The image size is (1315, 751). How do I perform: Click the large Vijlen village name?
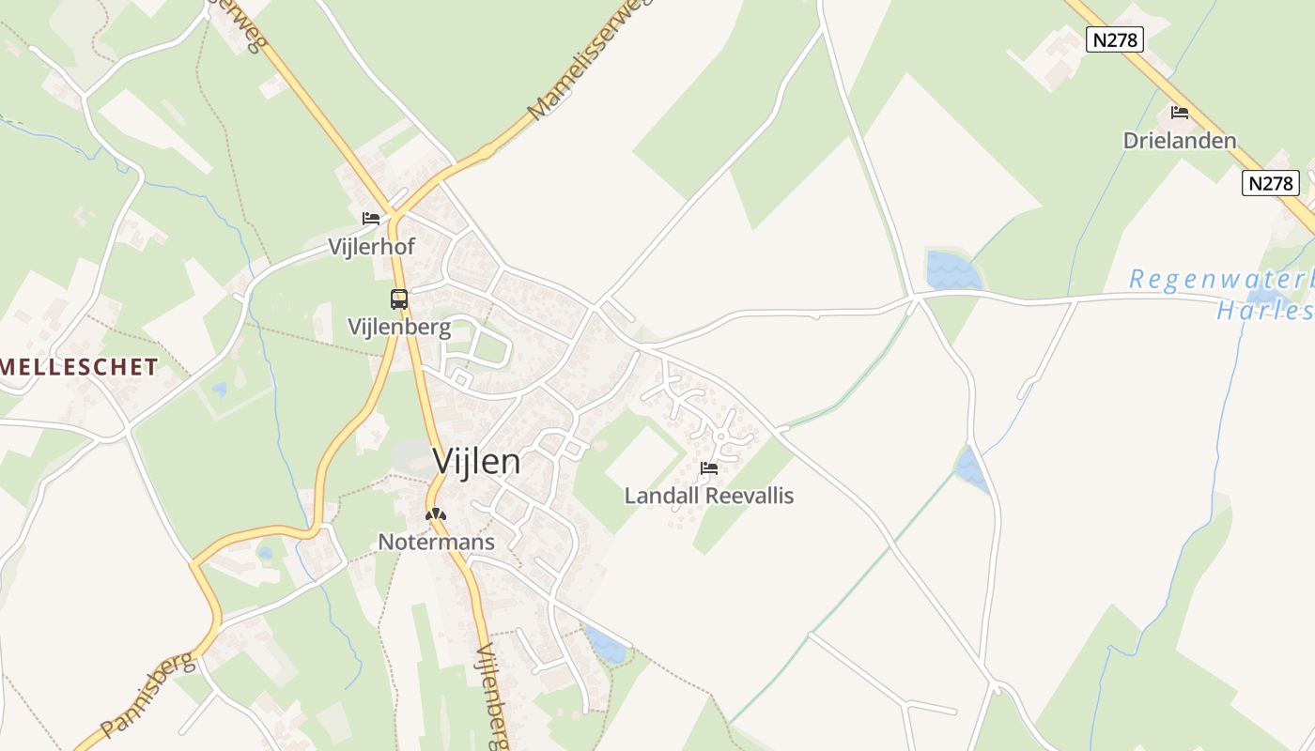tap(476, 461)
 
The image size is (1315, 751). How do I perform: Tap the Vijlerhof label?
tap(371, 247)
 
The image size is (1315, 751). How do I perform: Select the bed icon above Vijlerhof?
tap(371, 219)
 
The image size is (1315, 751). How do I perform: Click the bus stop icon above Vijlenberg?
tap(399, 299)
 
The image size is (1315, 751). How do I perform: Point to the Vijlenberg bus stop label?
tap(399, 328)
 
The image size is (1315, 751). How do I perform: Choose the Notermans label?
tap(436, 542)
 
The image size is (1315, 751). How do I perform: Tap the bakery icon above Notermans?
tap(435, 514)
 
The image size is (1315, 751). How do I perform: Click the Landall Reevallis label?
tap(709, 496)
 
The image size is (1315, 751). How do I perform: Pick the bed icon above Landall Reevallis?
tap(709, 467)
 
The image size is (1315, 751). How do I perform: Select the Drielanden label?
tap(1179, 141)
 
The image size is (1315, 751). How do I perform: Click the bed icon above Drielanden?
tap(1180, 113)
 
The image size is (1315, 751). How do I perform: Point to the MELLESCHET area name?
tap(79, 367)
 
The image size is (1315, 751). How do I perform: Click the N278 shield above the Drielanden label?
tap(1114, 39)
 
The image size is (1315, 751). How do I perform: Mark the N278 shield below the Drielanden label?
tap(1270, 183)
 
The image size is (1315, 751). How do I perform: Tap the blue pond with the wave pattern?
tap(953, 270)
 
